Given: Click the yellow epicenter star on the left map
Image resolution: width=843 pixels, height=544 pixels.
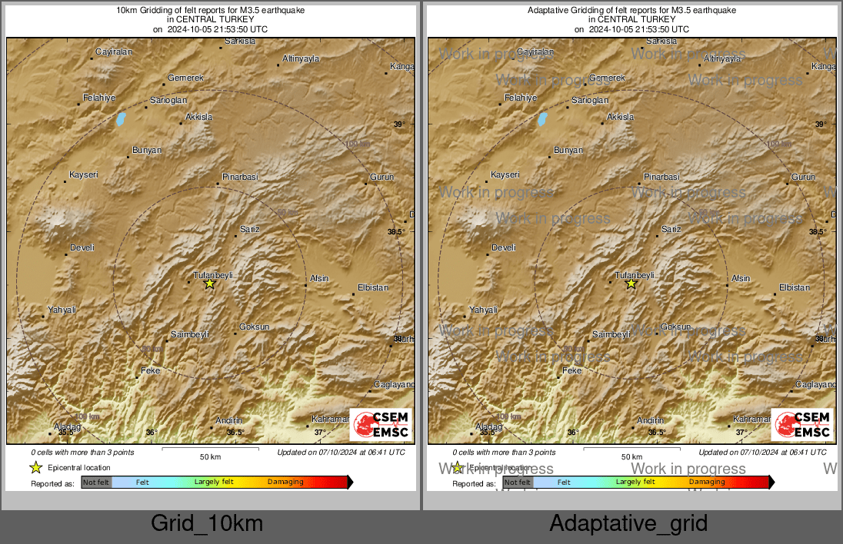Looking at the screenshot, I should tap(209, 284).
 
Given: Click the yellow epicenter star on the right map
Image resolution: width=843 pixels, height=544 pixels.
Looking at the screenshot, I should tap(631, 284).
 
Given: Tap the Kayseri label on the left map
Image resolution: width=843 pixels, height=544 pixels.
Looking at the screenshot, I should tap(84, 175).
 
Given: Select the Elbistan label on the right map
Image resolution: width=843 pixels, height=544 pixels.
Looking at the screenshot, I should tap(795, 287).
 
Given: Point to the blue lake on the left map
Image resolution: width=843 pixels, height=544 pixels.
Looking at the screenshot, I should tap(121, 119).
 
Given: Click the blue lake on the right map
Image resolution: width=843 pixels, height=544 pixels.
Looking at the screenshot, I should tap(542, 119).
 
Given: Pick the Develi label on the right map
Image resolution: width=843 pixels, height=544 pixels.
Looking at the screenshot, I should tap(503, 247).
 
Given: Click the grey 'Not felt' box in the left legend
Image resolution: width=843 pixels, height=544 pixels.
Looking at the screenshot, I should tap(96, 483).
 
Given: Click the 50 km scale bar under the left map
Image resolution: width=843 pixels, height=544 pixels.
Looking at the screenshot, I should tap(210, 448).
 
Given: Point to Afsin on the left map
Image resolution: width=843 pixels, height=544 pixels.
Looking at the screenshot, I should tap(318, 278).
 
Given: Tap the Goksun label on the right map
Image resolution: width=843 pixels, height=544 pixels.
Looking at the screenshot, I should tap(677, 327).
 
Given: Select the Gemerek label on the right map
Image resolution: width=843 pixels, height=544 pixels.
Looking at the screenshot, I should tap(607, 78).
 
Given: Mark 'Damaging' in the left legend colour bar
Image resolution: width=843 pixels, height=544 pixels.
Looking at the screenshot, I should tap(285, 483).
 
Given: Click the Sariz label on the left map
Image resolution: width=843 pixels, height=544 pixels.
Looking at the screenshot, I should tap(250, 229).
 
